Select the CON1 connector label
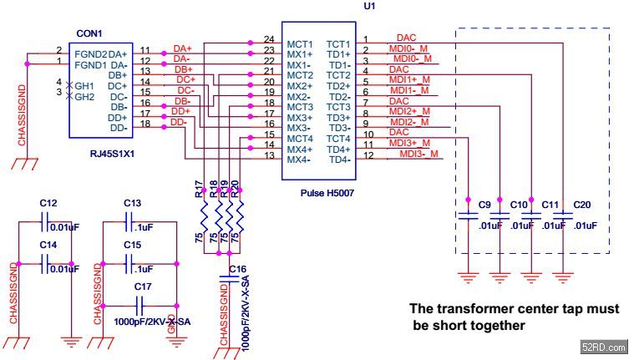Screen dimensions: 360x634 click(x=89, y=34)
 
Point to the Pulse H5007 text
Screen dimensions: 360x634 click(x=327, y=193)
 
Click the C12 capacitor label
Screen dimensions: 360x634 click(x=48, y=203)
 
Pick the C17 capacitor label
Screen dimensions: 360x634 click(x=142, y=286)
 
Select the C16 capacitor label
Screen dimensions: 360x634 click(x=238, y=269)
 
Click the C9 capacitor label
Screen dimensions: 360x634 click(x=484, y=205)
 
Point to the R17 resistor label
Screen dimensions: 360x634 click(x=199, y=189)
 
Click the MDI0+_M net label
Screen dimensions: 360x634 click(x=411, y=48)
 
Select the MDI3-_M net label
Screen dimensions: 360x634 click(x=418, y=155)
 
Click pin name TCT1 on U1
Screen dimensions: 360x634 click(x=337, y=43)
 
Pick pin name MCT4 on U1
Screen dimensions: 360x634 click(x=301, y=138)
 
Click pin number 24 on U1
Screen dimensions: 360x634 click(x=268, y=39)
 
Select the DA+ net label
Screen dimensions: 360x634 click(x=182, y=48)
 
